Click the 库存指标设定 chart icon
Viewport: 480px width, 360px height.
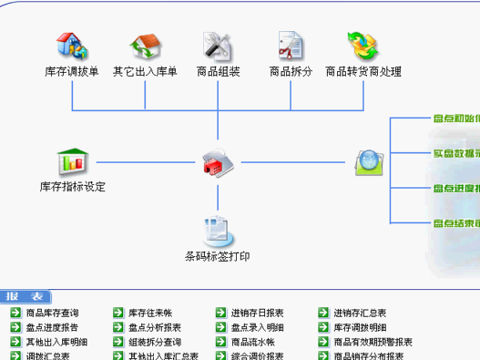click(x=72, y=162)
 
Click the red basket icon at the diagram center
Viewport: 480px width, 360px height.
click(x=219, y=163)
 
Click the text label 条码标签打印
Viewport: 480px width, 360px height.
click(x=217, y=257)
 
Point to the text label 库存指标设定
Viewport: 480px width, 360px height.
click(x=73, y=188)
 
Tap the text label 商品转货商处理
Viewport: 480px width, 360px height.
click(x=363, y=71)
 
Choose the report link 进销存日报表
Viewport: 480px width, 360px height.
click(x=257, y=314)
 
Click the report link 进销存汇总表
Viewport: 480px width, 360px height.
click(x=360, y=314)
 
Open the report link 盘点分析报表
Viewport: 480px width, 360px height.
click(x=155, y=328)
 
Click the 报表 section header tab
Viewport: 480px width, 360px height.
click(x=25, y=297)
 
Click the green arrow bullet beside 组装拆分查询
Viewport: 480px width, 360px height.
click(x=118, y=343)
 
